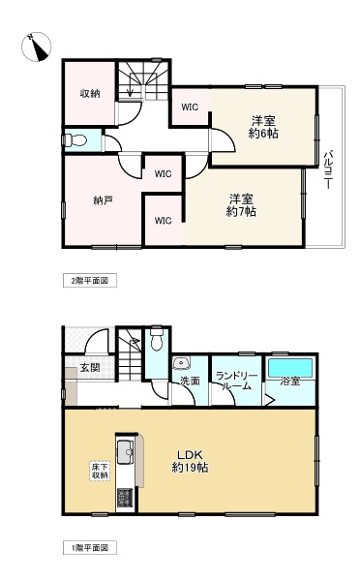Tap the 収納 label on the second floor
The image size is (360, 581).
(89, 93)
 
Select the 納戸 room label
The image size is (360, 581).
(90, 200)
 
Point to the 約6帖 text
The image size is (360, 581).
(263, 134)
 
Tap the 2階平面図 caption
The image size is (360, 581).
(91, 281)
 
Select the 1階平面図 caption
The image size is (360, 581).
(91, 548)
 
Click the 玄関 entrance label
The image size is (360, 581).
(90, 367)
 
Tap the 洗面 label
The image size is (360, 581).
(190, 382)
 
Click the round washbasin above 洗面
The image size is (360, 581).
(180, 363)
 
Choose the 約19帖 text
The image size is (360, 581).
(190, 469)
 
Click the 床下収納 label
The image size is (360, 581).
(100, 471)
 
